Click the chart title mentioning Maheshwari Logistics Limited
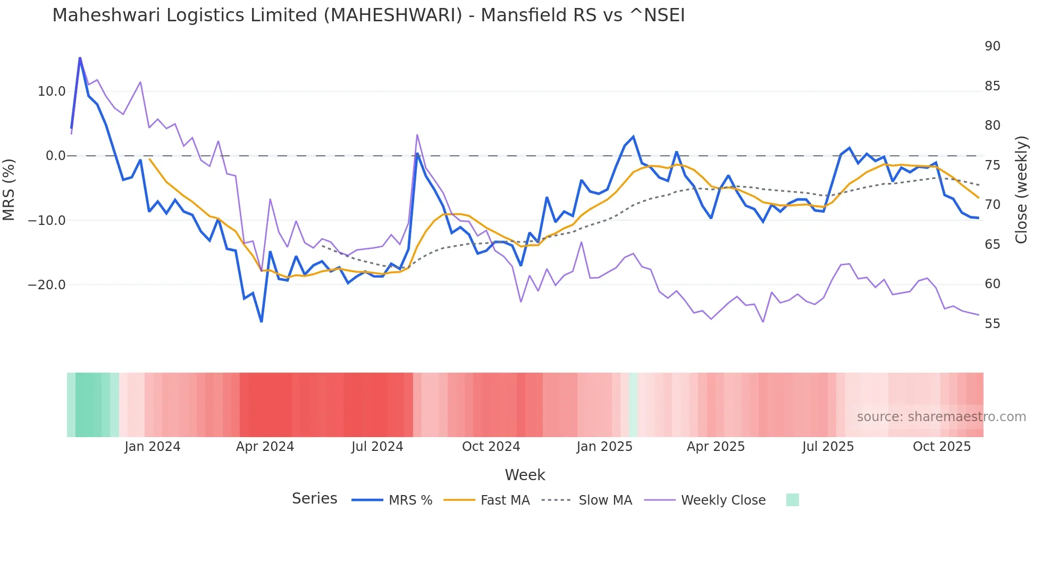[368, 15]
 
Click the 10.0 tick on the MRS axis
[52, 91]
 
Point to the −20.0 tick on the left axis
[47, 285]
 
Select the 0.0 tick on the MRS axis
[56, 156]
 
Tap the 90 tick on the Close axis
[992, 46]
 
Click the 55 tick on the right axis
[992, 324]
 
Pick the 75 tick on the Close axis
[992, 165]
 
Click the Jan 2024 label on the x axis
[153, 447]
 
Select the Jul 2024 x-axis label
[377, 447]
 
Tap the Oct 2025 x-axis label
[942, 447]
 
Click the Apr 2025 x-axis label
[716, 447]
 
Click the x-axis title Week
[525, 475]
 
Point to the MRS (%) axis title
[9, 189]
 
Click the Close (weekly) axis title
[1021, 189]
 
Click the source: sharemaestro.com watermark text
[941, 417]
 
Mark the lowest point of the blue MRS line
[262, 322]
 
